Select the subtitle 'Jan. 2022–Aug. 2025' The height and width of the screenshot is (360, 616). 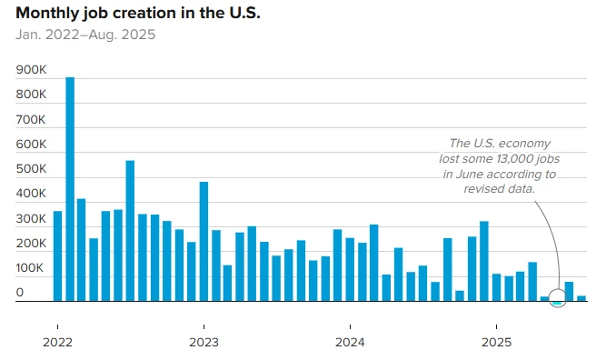[85, 35]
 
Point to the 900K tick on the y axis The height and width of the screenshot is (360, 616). [32, 70]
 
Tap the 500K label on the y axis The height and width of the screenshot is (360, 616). [32, 169]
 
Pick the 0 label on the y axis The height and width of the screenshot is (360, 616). [20, 293]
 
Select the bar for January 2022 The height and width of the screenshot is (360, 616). [57, 255]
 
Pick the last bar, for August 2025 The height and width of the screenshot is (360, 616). [581, 297]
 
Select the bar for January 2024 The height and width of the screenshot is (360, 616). [350, 269]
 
